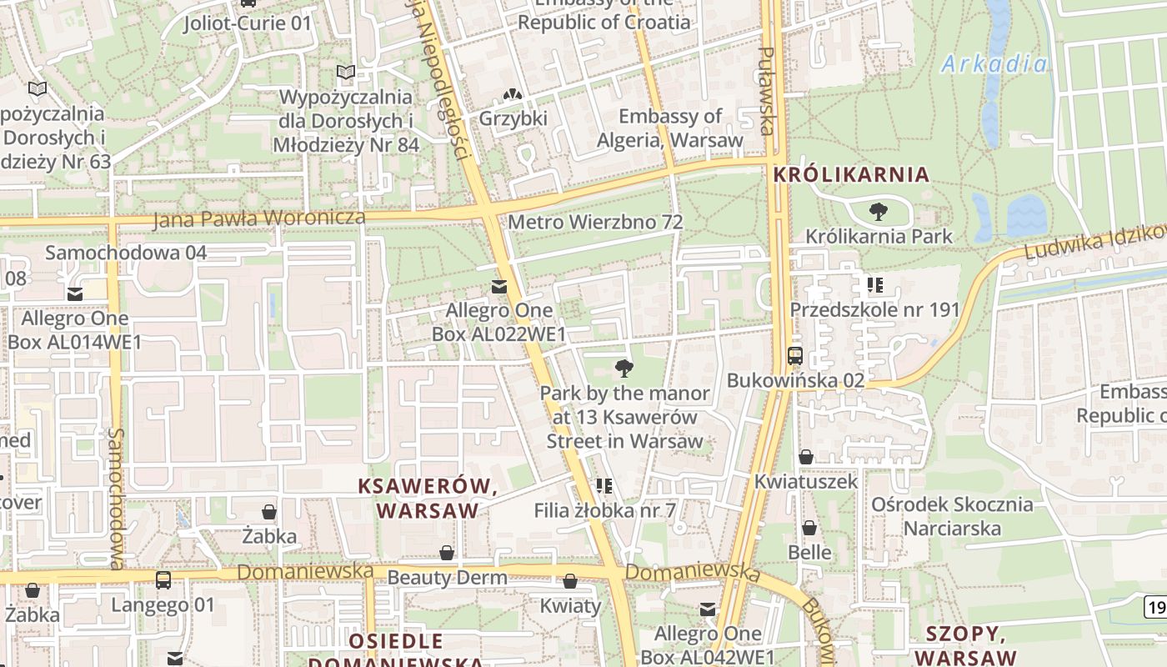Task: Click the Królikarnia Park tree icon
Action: coord(878,212)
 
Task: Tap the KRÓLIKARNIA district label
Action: coord(850,174)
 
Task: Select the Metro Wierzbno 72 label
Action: coord(595,223)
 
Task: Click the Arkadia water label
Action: coord(994,63)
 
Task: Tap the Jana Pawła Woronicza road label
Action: coord(259,218)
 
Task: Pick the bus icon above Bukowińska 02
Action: coord(794,356)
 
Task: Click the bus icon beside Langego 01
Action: coord(163,580)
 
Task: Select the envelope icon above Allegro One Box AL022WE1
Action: coord(498,287)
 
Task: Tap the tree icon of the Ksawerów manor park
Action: coord(624,369)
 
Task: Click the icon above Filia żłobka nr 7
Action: coord(604,485)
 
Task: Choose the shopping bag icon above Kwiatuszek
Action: coord(806,457)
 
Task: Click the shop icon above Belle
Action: coord(809,528)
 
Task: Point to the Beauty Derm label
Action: coord(447,577)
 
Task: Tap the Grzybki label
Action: coord(513,118)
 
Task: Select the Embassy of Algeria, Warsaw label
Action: coord(669,128)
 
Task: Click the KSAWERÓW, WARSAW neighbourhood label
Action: coord(428,499)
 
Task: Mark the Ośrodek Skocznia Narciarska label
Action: coord(951,516)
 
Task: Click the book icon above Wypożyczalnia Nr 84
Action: coord(345,73)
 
